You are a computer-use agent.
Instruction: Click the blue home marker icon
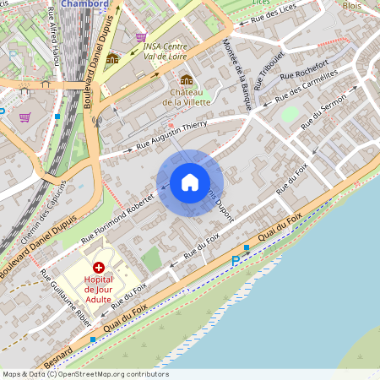190,182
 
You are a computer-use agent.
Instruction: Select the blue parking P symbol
236,262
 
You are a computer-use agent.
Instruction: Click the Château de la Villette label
186,96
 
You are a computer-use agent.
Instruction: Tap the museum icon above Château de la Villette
186,79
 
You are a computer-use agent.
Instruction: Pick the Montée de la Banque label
236,73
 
